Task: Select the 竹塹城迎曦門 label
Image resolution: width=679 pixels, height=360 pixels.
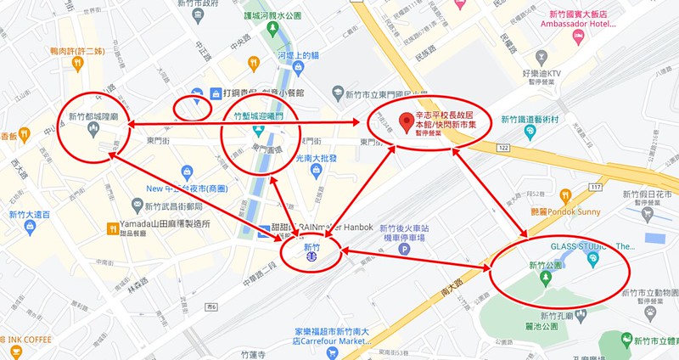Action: pyautogui.click(x=258, y=114)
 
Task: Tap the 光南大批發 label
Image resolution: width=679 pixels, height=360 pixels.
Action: pyautogui.click(x=316, y=158)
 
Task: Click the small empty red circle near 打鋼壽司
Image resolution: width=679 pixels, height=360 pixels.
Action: pyautogui.click(x=192, y=108)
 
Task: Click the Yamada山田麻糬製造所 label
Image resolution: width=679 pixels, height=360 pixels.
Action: pyautogui.click(x=165, y=227)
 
